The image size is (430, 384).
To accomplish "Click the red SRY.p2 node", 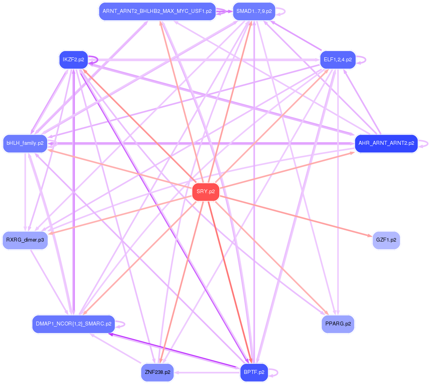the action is point(206,192).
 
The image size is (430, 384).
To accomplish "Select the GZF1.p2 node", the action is point(386,240).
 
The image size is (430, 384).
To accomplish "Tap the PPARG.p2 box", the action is point(338,324).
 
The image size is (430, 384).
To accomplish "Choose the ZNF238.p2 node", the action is point(157,372).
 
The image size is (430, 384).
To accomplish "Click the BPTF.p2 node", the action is point(254,372).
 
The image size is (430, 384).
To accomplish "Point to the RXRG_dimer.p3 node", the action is point(25,240).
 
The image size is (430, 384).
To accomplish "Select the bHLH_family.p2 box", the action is point(25,143).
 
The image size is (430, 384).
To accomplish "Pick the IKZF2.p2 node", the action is point(73,60).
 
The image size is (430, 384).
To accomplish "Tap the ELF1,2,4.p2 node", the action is point(338,60).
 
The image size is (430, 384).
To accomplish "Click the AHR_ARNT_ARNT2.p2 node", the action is point(386,143).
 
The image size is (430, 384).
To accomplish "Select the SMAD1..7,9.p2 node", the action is point(254,11).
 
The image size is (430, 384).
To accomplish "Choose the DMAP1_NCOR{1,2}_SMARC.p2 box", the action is point(73,324).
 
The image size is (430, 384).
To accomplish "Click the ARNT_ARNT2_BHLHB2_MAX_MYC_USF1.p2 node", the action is point(157,11).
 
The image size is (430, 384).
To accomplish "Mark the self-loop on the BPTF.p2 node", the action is point(274,372).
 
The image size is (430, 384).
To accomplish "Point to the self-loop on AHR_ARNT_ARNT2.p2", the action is point(423,144).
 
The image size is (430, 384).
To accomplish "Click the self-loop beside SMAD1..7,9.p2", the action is point(281,12).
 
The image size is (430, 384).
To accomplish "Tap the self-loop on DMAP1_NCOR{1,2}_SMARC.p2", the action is point(121,324).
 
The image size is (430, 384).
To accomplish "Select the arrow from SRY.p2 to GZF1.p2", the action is point(296,216).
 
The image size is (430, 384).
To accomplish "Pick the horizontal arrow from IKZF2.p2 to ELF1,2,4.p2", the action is point(204,60).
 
